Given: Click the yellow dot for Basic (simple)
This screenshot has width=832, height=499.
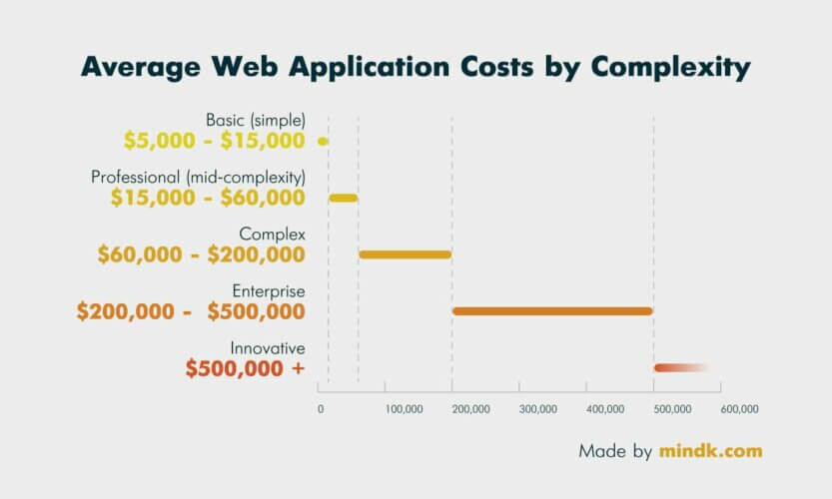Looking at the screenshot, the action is click(323, 141).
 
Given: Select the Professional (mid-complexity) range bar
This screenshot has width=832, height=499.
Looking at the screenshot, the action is click(344, 198).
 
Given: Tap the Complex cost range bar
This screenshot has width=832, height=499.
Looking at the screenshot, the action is click(406, 254).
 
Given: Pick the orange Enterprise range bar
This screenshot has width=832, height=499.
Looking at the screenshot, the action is click(552, 311).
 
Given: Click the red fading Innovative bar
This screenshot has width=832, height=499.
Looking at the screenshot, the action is click(681, 368).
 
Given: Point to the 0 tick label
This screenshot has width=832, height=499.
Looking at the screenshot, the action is click(321, 409).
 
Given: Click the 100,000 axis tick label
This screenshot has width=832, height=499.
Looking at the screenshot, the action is click(405, 409).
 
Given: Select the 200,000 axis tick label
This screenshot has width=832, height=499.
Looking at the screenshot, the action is click(471, 409).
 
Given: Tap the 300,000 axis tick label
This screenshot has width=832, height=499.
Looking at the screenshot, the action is click(538, 409).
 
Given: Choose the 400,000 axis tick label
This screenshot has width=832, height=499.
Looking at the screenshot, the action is click(605, 409).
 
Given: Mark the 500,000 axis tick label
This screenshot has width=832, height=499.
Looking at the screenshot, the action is click(672, 409).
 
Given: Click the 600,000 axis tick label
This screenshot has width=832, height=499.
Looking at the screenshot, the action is click(740, 409).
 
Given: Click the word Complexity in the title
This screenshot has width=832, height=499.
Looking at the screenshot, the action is click(671, 68).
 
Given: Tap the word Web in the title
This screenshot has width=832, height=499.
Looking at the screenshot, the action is click(245, 66).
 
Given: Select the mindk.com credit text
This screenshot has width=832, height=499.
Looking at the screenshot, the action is click(711, 451).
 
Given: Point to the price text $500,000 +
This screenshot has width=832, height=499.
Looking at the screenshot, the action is click(245, 368).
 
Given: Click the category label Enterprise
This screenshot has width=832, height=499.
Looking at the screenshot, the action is click(269, 291).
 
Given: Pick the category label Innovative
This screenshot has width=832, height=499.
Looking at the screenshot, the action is click(268, 348).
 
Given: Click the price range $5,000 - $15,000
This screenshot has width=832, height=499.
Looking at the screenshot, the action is click(215, 141).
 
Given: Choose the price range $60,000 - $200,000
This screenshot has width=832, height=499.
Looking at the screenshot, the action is click(202, 254).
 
